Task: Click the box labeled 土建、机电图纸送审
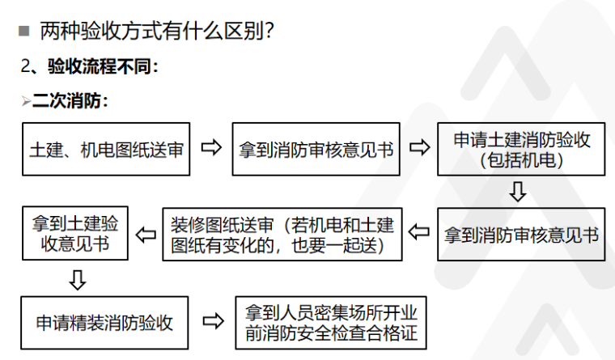(106, 150)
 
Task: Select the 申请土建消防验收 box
(521, 150)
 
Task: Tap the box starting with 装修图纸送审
(282, 235)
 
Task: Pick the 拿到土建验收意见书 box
(75, 233)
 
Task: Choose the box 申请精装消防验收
(104, 323)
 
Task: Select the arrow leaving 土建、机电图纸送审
(211, 149)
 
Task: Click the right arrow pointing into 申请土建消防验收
(418, 149)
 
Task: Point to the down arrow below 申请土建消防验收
(518, 192)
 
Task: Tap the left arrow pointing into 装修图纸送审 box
(419, 234)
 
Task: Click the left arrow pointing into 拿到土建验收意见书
(146, 235)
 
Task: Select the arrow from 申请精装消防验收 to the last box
(212, 322)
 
